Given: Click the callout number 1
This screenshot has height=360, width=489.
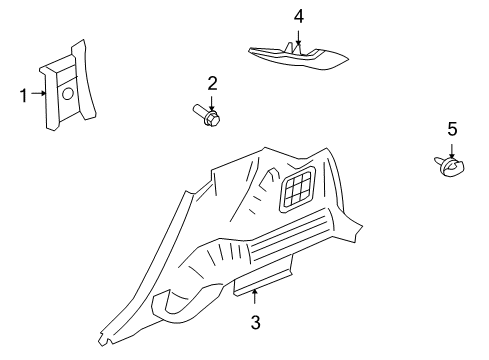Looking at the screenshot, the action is (x=23, y=96).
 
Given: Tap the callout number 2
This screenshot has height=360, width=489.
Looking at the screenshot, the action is (x=212, y=83).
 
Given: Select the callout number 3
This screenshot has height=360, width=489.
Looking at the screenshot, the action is (x=255, y=322).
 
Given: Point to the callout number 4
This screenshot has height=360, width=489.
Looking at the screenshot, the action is (x=299, y=16).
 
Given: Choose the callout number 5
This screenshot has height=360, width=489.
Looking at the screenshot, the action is (x=452, y=129).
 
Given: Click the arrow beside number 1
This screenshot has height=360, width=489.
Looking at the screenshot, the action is (x=39, y=93).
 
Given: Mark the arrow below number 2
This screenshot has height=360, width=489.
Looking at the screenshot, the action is (x=212, y=104).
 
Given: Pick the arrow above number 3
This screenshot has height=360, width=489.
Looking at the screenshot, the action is (x=255, y=297).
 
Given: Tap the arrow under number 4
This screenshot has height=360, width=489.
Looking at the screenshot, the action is (x=298, y=38).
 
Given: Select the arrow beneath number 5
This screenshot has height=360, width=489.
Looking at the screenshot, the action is (x=452, y=151).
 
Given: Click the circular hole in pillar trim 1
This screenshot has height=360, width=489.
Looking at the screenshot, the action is (x=68, y=94).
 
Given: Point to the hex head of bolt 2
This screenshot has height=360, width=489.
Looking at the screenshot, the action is (x=212, y=119).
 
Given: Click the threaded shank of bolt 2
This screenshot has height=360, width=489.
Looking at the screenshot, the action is (x=200, y=109).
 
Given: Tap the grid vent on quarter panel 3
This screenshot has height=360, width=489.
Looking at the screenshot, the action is (x=298, y=189).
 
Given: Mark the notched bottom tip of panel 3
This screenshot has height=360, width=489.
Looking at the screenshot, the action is (x=104, y=339).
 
